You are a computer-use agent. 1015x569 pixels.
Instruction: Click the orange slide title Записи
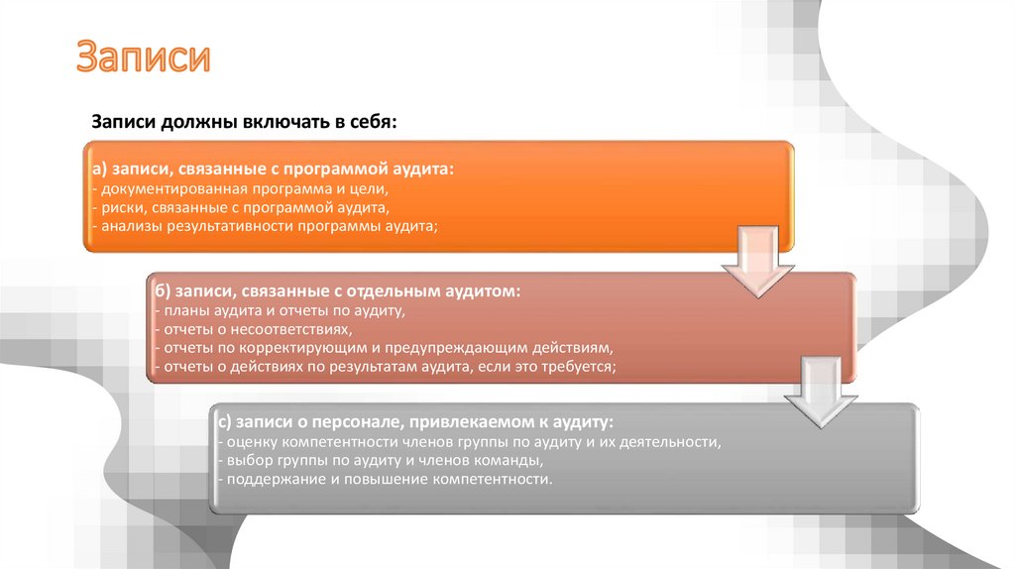(x=145, y=57)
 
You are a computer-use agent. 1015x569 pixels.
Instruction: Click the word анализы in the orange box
(x=127, y=226)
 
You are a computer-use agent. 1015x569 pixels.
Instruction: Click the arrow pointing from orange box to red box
(x=757, y=263)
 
